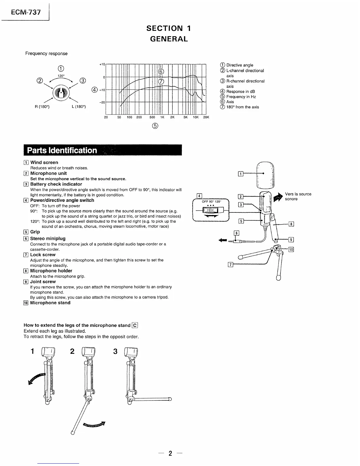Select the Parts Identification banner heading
click(x=62, y=150)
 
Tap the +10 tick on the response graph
click(x=102, y=64)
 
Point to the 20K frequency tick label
click(x=206, y=117)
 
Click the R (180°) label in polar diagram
click(x=42, y=107)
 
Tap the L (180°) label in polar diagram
click(x=79, y=107)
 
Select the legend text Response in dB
click(x=241, y=91)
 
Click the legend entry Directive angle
click(x=240, y=65)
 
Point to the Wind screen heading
click(x=44, y=162)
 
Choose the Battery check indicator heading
click(x=56, y=184)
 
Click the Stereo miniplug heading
click(x=48, y=239)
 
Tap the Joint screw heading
click(x=43, y=282)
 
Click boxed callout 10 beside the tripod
click(x=291, y=250)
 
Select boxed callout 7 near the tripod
click(x=231, y=264)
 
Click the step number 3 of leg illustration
click(x=115, y=352)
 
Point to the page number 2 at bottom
click(x=170, y=453)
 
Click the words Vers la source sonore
click(x=298, y=197)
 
